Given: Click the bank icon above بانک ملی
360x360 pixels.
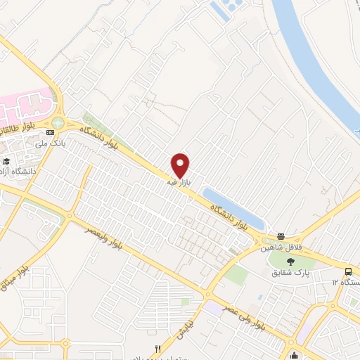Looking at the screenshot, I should [50, 132].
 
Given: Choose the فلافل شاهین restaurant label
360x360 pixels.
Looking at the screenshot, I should [281, 247].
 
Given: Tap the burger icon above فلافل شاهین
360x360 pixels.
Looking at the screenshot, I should [281, 236].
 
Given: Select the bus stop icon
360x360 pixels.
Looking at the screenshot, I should [349, 272].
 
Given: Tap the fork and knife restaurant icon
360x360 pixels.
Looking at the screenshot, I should [157, 349].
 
